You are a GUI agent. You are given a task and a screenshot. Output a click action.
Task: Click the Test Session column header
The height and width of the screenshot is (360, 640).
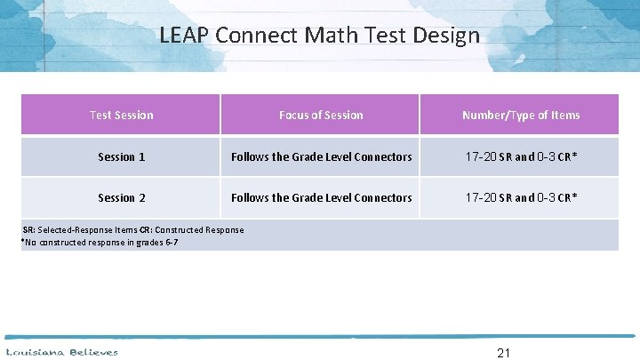[121, 115]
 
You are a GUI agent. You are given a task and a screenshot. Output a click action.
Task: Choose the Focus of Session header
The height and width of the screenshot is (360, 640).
[321, 115]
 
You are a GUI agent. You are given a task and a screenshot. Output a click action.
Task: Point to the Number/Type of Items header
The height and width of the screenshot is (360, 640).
[520, 115]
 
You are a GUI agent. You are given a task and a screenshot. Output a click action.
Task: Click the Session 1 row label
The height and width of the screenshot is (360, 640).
[121, 156]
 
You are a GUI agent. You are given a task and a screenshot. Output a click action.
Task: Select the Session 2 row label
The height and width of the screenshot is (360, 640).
[121, 197]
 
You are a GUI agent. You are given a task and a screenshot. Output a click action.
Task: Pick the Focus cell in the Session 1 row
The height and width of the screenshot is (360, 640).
[321, 156]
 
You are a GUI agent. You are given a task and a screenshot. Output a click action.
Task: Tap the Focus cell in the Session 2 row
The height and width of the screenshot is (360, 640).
[321, 197]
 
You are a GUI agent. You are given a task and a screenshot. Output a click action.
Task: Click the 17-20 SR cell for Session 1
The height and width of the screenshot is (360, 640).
[520, 156]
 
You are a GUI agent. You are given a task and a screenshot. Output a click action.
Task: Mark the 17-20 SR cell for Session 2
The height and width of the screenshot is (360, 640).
[520, 197]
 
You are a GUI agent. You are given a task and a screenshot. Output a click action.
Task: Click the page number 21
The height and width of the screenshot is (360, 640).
[503, 353]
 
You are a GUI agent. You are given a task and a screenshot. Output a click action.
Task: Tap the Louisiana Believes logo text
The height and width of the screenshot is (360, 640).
[62, 352]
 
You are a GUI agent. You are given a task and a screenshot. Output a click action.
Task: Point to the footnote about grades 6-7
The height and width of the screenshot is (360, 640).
[100, 242]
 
